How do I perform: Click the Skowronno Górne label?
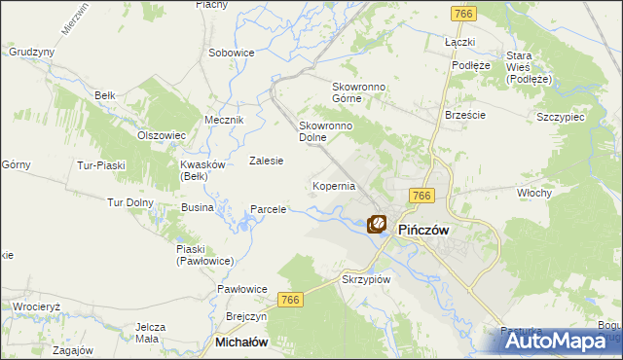pos(360,92)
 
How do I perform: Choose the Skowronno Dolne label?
pos(325,131)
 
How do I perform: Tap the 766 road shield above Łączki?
pos(462,13)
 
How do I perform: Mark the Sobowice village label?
pos(232,52)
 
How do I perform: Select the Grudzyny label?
pos(30,52)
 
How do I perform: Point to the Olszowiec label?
pos(162,135)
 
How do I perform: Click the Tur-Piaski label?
pos(102,165)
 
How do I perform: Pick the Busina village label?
pos(198,208)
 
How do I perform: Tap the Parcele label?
pos(269,209)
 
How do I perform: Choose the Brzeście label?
pos(464,114)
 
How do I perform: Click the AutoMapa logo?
pos(562,341)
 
